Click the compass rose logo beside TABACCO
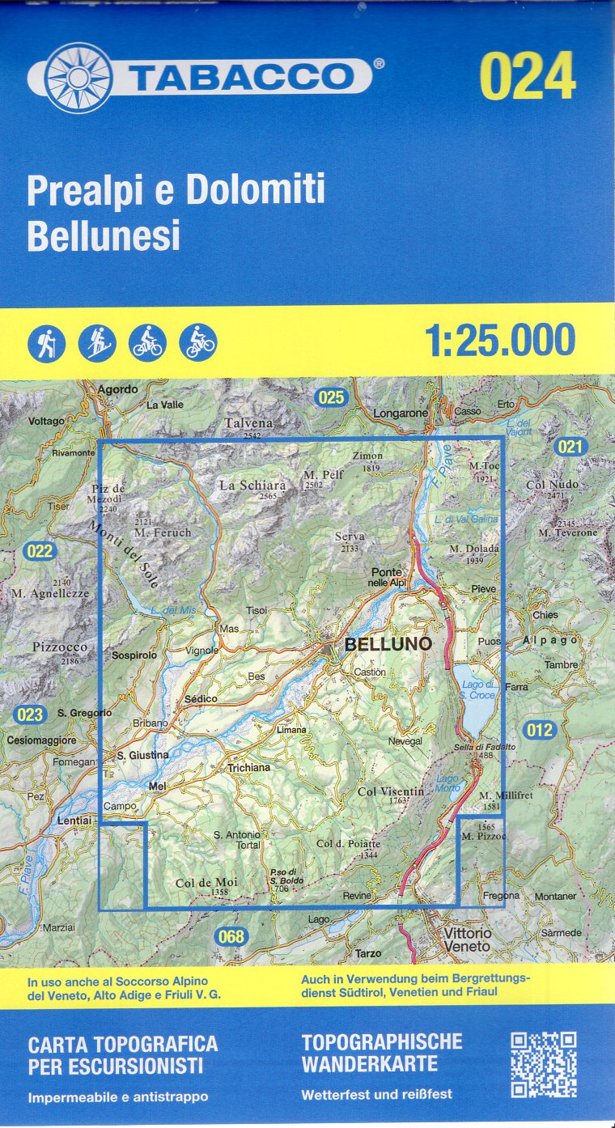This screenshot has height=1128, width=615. [x=78, y=78]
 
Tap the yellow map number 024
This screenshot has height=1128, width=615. [x=527, y=78]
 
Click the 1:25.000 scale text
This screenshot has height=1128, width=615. [x=500, y=341]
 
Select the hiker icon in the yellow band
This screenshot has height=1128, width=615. [x=46, y=342]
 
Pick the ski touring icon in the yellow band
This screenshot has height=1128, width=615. [x=97, y=342]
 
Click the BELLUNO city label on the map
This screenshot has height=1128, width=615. [x=388, y=644]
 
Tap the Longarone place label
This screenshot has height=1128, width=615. [x=400, y=413]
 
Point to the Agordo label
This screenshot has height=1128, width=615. [x=117, y=389]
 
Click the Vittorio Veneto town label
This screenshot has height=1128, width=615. [x=467, y=939]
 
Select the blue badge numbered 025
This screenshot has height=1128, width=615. [x=331, y=397]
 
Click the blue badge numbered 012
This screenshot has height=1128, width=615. [x=540, y=730]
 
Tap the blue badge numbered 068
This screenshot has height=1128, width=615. [x=230, y=937]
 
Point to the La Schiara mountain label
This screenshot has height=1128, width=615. [x=252, y=486]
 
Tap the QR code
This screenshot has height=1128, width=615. [x=543, y=1064]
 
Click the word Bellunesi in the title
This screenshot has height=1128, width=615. [x=104, y=236]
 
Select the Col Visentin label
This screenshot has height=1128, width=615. [x=390, y=791]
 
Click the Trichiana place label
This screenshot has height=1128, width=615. [x=248, y=767]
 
